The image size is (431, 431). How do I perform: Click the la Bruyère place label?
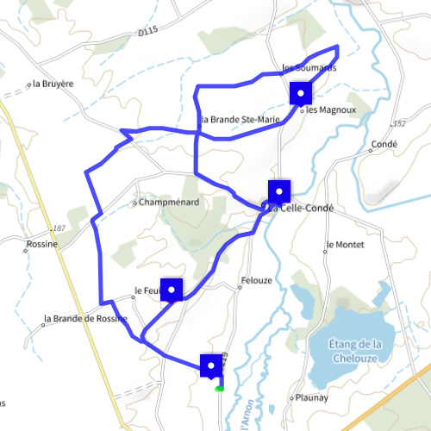point(53,84)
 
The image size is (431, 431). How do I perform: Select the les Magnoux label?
point(324,110)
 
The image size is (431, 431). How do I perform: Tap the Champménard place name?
point(169,203)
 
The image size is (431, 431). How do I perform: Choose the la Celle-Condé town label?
point(302,209)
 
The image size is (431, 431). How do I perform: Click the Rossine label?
point(41,244)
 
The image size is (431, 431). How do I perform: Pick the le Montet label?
point(347,245)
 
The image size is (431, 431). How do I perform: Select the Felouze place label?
point(257,281)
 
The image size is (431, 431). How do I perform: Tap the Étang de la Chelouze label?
point(355,352)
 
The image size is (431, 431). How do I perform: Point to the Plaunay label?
point(311,398)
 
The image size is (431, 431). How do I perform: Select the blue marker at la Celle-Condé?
point(279,191)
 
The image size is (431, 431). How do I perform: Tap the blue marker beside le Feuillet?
point(172,290)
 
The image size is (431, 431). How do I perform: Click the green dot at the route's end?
point(220,389)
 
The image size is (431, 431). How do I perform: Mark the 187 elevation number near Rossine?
point(59,228)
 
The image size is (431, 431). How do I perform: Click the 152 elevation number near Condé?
point(398,123)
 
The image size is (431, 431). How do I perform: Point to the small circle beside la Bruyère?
point(29,84)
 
